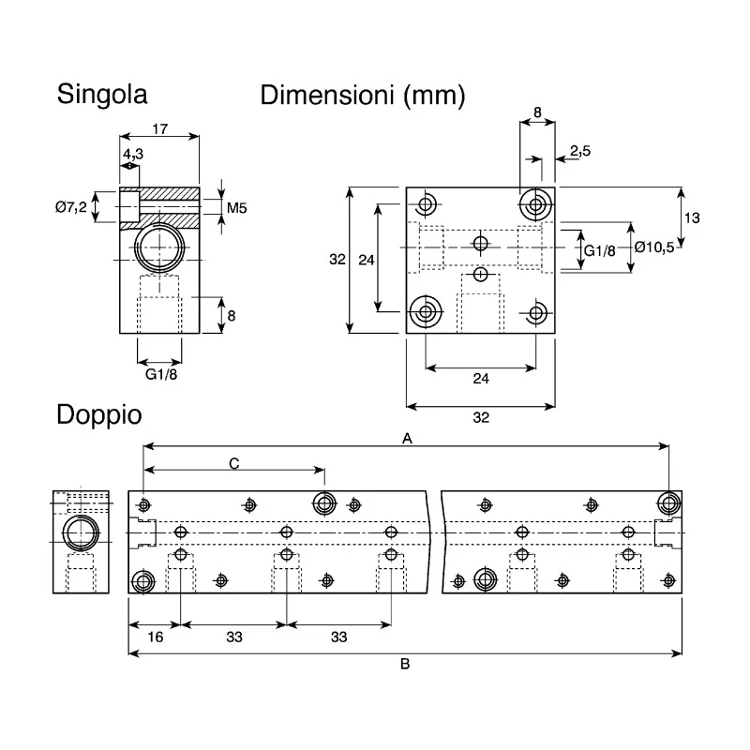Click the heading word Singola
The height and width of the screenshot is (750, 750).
point(102,95)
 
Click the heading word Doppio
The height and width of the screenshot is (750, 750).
point(99,415)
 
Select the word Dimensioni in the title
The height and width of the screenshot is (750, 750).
point(327,95)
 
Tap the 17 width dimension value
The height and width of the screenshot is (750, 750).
point(160,128)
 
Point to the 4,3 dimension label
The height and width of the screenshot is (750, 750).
point(133,154)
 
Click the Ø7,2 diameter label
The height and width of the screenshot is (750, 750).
point(71,207)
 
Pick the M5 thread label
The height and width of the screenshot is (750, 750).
point(236,208)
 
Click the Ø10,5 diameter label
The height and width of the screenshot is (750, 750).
point(654,247)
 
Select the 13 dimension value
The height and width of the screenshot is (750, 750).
point(692,218)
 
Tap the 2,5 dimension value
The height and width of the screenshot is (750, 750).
point(580,151)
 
